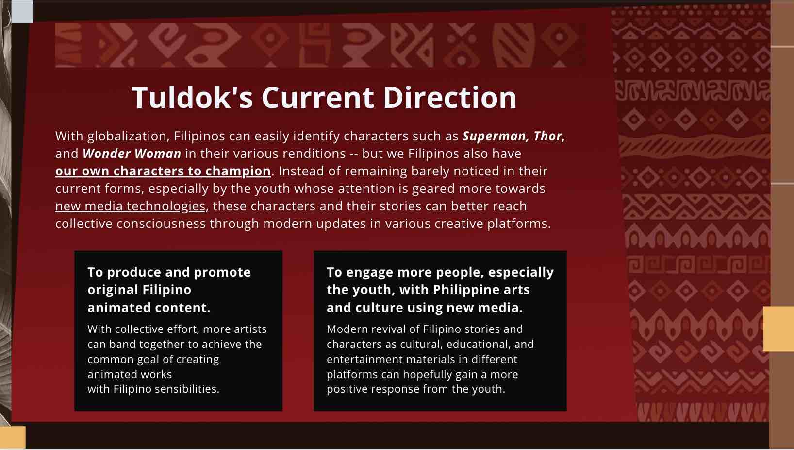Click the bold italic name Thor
549,136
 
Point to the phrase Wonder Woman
132,154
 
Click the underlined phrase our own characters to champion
163,172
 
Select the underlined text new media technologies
131,206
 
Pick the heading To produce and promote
169,273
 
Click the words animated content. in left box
149,308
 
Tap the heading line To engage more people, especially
440,273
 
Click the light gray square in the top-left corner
22,11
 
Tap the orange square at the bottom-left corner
13,437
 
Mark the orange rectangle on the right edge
778,329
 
